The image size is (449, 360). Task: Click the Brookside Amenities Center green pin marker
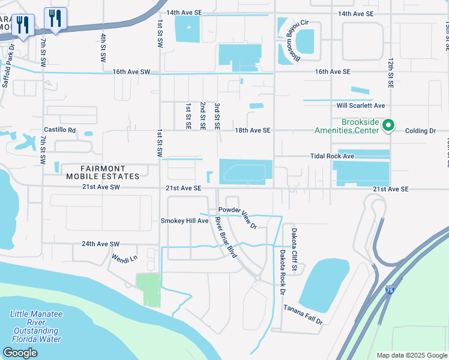pyautogui.click(x=388, y=125)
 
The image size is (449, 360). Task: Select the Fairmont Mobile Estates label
pyautogui.click(x=102, y=172)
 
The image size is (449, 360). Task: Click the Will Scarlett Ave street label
pyautogui.click(x=360, y=105)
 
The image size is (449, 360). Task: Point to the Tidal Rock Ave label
pyautogui.click(x=332, y=155)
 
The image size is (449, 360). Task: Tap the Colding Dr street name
pyautogui.click(x=420, y=130)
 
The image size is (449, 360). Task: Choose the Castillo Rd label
pyautogui.click(x=60, y=130)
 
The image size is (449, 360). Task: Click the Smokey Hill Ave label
pyautogui.click(x=184, y=221)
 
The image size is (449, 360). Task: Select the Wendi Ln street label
pyautogui.click(x=125, y=258)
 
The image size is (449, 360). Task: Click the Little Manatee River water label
pyautogui.click(x=36, y=326)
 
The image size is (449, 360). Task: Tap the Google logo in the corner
pyautogui.click(x=20, y=353)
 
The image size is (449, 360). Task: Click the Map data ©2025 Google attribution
pyautogui.click(x=411, y=355)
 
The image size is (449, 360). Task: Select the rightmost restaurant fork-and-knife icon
pyautogui.click(x=56, y=19)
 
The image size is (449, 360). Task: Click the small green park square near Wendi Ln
pyautogui.click(x=148, y=290)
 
